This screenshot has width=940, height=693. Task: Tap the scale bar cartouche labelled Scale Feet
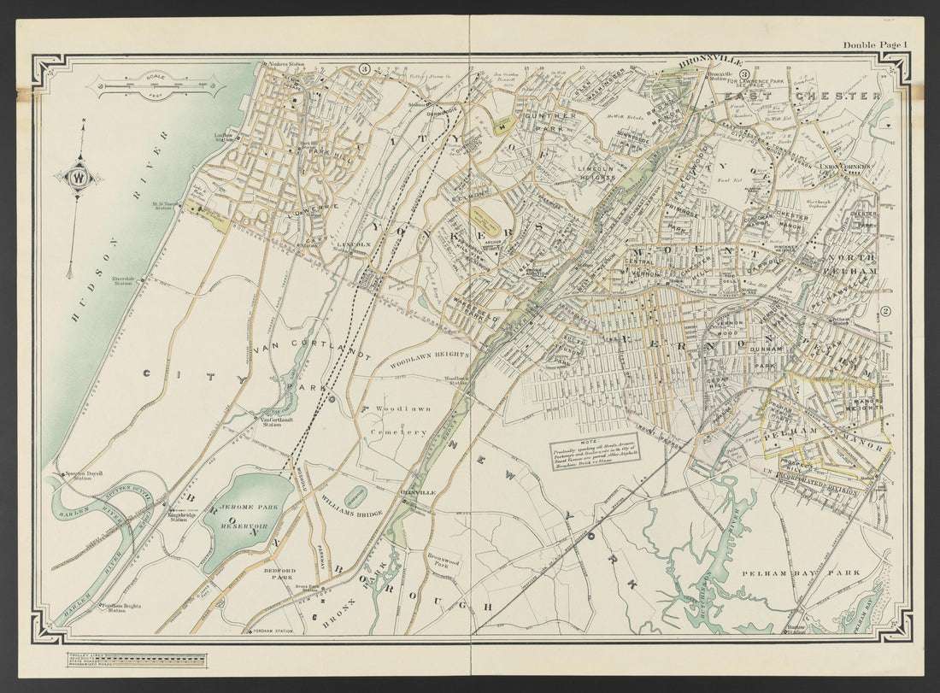(x=159, y=85)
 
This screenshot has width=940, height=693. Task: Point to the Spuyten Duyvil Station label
(x=76, y=477)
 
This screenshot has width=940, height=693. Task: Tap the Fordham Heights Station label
(x=120, y=608)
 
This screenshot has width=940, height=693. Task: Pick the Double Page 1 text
(x=875, y=44)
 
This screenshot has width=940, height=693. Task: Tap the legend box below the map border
(x=137, y=660)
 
